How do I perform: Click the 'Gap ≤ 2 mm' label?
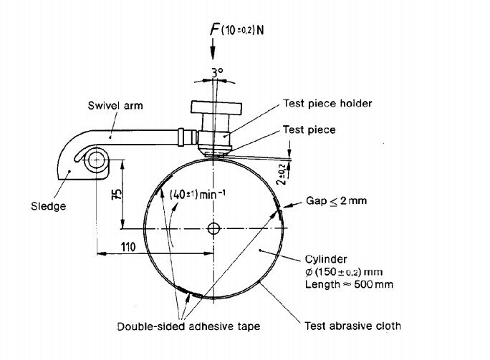click(x=337, y=201)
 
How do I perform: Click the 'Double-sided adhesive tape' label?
click(x=188, y=326)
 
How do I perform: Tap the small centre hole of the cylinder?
click(x=213, y=229)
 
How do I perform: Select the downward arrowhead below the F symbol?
click(x=213, y=50)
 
